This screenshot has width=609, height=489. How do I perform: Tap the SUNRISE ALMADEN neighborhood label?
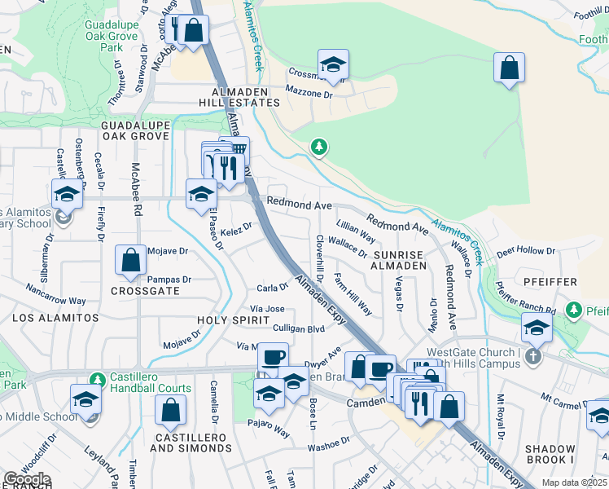tap(399, 259)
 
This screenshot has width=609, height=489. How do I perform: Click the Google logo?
tap(27, 479)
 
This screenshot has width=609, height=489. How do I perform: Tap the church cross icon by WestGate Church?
tap(532, 356)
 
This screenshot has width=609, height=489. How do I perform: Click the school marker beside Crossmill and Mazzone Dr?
tap(333, 65)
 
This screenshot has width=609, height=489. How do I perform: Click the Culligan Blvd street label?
tap(299, 328)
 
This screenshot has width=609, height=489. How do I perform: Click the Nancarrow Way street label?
tap(55, 294)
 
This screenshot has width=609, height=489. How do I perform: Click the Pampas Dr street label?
tap(169, 280)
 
